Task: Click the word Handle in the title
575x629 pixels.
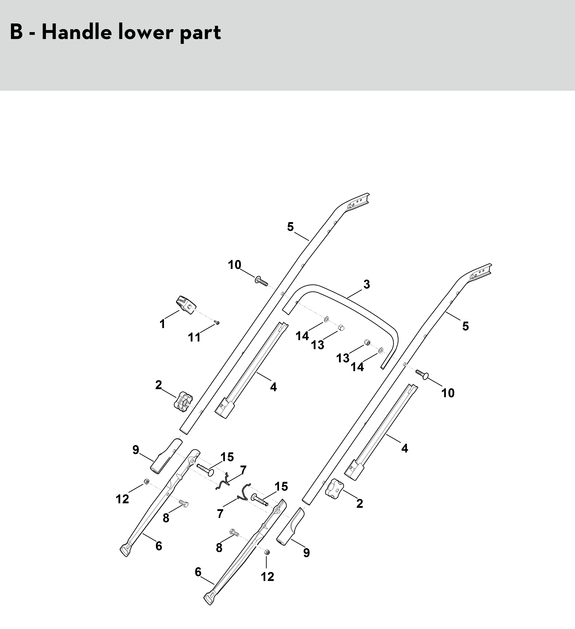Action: pyautogui.click(x=76, y=32)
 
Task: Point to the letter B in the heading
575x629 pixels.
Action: pyautogui.click(x=16, y=32)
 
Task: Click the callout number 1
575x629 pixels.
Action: pyautogui.click(x=162, y=324)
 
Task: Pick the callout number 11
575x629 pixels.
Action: pyautogui.click(x=194, y=337)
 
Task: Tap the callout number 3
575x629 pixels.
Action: pyautogui.click(x=367, y=284)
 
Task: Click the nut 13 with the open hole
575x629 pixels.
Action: pyautogui.click(x=367, y=343)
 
